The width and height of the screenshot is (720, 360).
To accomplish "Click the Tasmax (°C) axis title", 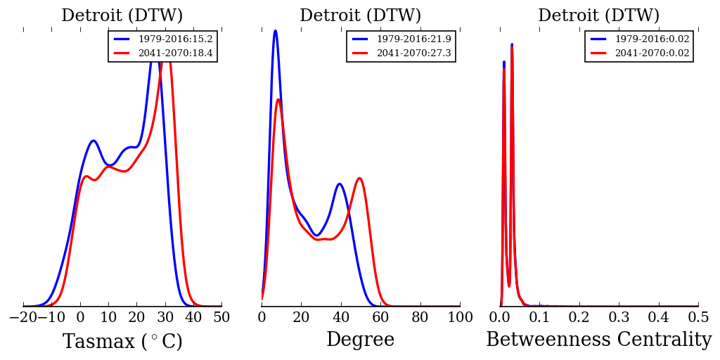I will point(122,342).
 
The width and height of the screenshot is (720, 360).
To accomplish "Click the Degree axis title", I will point(360,340).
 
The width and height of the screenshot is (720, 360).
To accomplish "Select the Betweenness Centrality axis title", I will point(598,340).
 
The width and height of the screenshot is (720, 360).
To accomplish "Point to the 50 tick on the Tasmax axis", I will point(221,317).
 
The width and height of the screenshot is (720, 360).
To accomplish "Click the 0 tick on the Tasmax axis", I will point(80,317).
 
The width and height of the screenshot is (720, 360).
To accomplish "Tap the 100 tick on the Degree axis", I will point(460,317).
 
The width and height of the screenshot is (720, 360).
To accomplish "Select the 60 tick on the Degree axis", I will point(380,317).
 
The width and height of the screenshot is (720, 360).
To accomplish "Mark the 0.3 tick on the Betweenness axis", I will point(619,317).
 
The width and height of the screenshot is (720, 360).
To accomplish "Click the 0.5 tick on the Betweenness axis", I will point(698,317).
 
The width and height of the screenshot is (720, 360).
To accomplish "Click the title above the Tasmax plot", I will point(122,15).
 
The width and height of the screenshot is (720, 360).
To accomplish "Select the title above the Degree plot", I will point(360,15).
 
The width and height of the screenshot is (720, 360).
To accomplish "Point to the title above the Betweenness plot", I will point(598,15).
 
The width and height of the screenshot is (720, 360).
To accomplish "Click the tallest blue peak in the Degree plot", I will point(275,31).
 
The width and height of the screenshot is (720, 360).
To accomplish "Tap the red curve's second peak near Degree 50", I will point(359,178).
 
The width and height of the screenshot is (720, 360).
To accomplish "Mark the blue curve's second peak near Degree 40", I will point(340,184).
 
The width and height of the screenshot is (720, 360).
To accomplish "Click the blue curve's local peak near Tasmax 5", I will point(94,141).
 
